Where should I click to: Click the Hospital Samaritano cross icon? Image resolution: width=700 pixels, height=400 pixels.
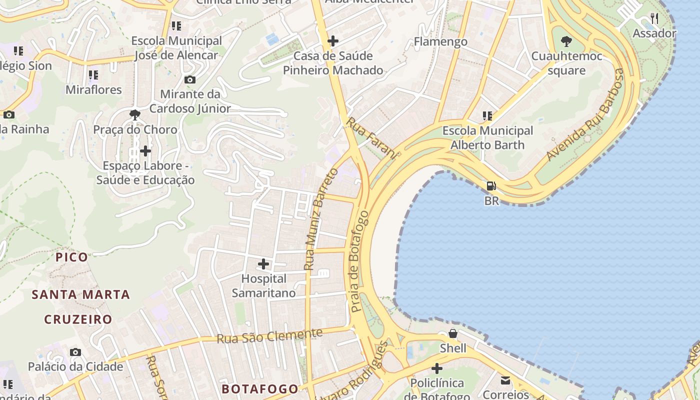[x=263, y=264]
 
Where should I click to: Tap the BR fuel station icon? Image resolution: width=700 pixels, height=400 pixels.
[x=491, y=186]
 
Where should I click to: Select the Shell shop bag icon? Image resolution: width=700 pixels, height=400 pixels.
[x=453, y=333]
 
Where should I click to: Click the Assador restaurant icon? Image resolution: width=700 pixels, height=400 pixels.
[x=654, y=19]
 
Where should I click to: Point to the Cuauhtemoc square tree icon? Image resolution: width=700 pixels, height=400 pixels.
[x=566, y=41]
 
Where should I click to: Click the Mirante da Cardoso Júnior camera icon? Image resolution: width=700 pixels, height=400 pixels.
[x=190, y=79]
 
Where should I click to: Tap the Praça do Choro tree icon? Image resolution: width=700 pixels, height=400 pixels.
[x=135, y=115]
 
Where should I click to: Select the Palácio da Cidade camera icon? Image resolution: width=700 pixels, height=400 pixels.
[x=75, y=352]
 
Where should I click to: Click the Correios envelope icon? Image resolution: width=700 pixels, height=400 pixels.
[x=505, y=381]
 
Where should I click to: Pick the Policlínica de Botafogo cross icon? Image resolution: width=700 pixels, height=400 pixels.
[x=437, y=369]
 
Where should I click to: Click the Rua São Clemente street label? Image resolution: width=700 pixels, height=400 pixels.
[x=269, y=335]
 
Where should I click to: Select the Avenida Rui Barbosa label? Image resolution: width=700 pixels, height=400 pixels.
[x=585, y=114]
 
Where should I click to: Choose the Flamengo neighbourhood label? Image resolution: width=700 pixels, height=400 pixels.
[x=440, y=42]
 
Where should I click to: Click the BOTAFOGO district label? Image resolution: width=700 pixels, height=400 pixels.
[x=260, y=388]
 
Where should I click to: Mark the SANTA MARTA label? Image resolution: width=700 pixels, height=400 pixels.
[x=81, y=294]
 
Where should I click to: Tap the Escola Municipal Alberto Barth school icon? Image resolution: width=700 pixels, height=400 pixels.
[x=487, y=116]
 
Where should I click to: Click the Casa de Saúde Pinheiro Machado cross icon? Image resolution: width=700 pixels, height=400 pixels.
[x=333, y=41]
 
